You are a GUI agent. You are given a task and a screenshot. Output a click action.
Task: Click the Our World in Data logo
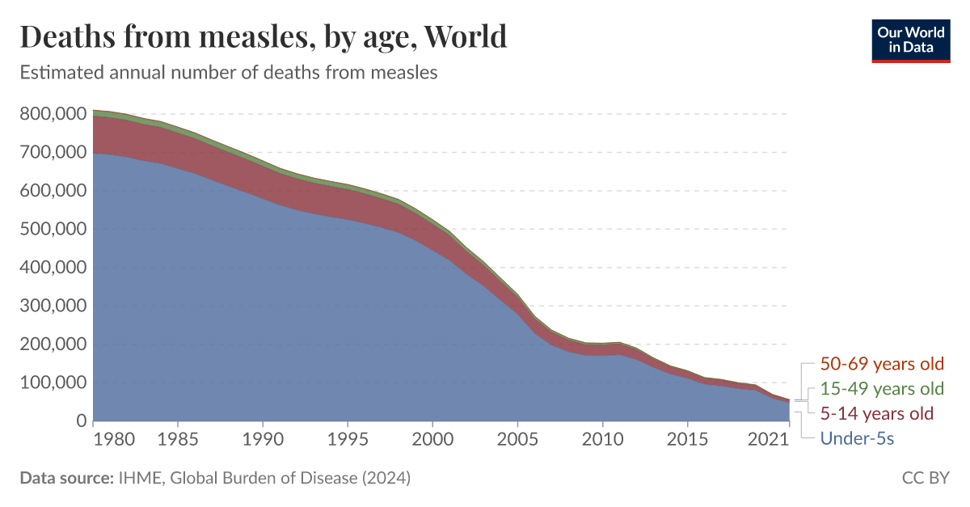pos(910,40)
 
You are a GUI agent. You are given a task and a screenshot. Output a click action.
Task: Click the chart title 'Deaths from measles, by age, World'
pos(264,37)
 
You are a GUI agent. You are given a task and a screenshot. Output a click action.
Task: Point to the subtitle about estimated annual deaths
pos(228,73)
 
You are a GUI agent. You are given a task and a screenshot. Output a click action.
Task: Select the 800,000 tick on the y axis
pos(53,114)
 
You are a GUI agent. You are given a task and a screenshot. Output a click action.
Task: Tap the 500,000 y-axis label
pos(53,230)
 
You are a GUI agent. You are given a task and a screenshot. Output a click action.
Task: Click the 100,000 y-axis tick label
pos(53,382)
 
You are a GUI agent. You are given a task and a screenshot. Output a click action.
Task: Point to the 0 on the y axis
pos(81,421)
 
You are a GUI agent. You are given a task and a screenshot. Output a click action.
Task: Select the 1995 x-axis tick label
pos(348,439)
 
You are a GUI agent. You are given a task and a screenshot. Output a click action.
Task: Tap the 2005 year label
pos(517,439)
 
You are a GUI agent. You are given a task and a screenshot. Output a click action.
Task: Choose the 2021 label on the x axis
pos(768,439)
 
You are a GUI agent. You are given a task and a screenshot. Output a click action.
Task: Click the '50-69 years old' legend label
pos(882,364)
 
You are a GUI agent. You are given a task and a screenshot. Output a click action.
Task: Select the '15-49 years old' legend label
pos(882,389)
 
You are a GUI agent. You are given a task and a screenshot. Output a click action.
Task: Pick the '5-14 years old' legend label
pos(876,414)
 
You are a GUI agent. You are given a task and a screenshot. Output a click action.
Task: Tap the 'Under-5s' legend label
pos(856,439)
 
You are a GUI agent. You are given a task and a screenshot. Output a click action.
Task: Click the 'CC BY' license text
pos(926,478)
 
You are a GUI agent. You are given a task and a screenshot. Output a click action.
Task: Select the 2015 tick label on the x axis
pos(687,439)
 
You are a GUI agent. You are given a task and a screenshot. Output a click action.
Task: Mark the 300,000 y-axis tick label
pos(53,306)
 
